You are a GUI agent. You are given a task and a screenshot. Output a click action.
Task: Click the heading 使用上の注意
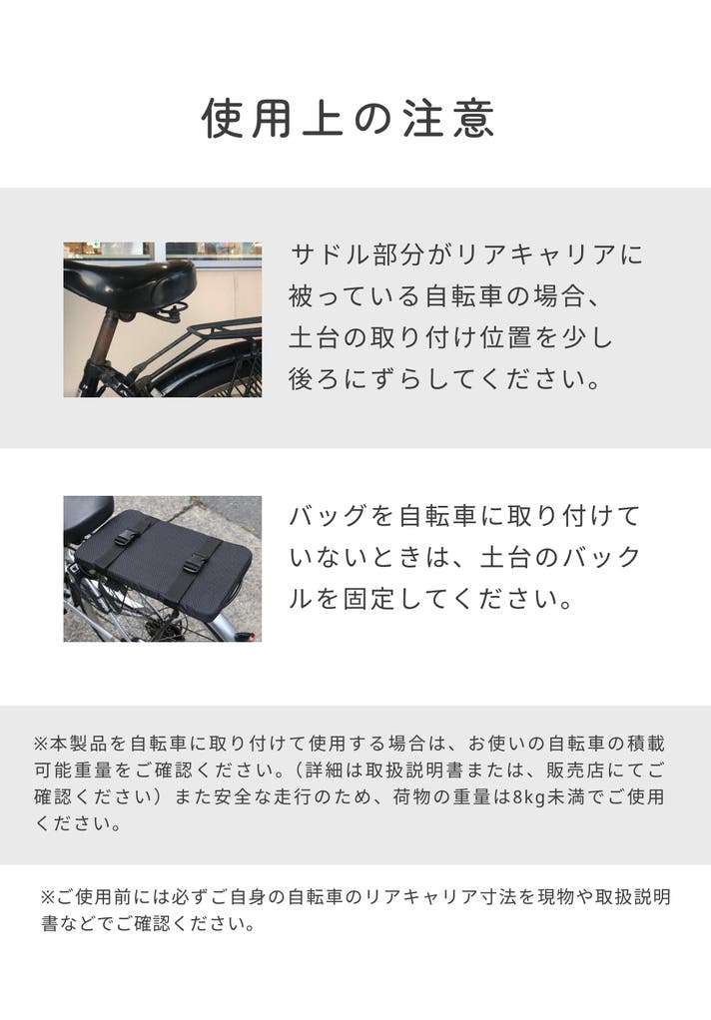349,119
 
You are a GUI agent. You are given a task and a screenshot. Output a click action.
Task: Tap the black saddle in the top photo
130,283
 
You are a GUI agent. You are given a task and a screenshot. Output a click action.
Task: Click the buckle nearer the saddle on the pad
128,537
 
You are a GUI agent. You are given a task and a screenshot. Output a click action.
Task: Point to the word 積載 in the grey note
645,744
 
